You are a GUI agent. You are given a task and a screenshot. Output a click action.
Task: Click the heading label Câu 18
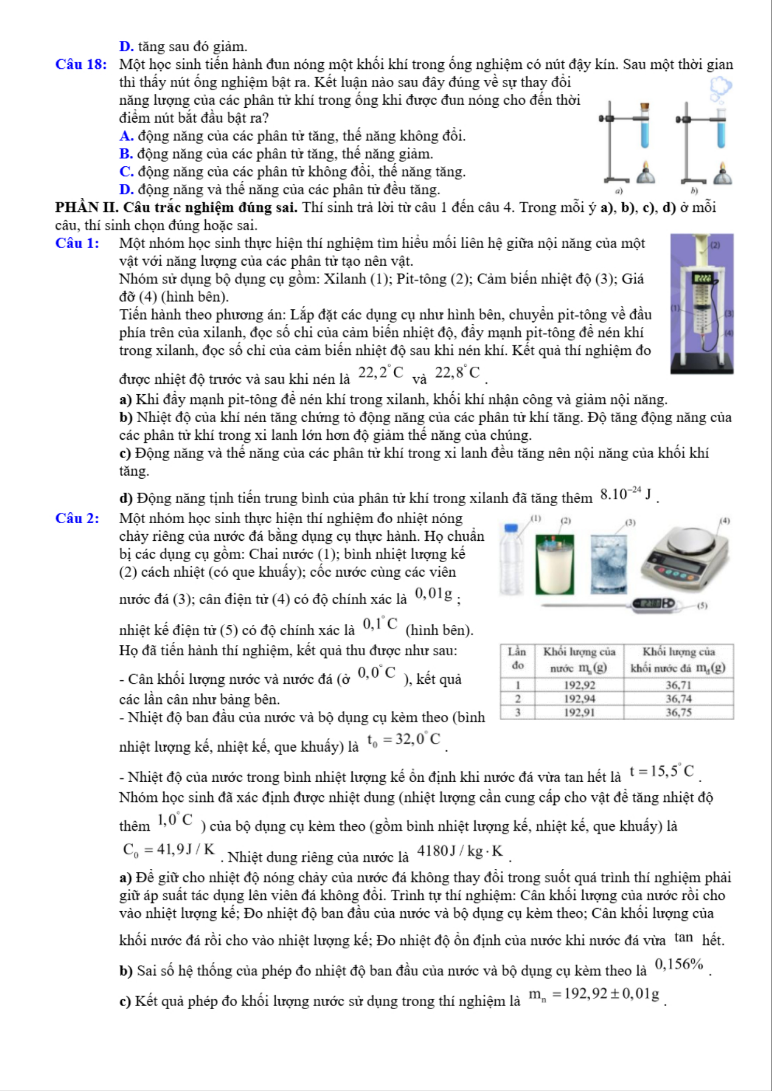coord(81,65)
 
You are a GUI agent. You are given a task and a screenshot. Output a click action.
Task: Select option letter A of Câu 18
coord(126,136)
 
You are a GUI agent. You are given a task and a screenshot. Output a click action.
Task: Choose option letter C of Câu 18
coord(126,172)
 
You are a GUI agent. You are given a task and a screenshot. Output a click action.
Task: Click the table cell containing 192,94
coord(579,699)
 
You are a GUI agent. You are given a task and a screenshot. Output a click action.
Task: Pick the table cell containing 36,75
coord(678,712)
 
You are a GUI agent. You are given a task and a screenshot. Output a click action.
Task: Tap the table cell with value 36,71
coord(678,685)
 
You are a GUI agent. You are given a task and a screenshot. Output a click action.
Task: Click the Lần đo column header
coord(517,658)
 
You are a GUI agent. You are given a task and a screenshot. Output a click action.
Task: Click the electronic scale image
coord(685,558)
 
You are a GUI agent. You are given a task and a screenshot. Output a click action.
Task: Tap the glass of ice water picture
coord(608,564)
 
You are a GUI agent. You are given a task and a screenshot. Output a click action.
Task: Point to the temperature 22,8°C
coord(457,373)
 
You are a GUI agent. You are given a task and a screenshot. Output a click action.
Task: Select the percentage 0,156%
coord(679,965)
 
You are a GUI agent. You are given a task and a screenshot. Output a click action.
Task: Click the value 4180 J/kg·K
coord(460,851)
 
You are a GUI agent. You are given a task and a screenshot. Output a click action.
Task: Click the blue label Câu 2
coord(77,519)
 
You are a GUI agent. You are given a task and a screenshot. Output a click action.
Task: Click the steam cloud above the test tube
coord(721,88)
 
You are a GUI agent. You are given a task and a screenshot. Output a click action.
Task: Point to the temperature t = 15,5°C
coord(662,771)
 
